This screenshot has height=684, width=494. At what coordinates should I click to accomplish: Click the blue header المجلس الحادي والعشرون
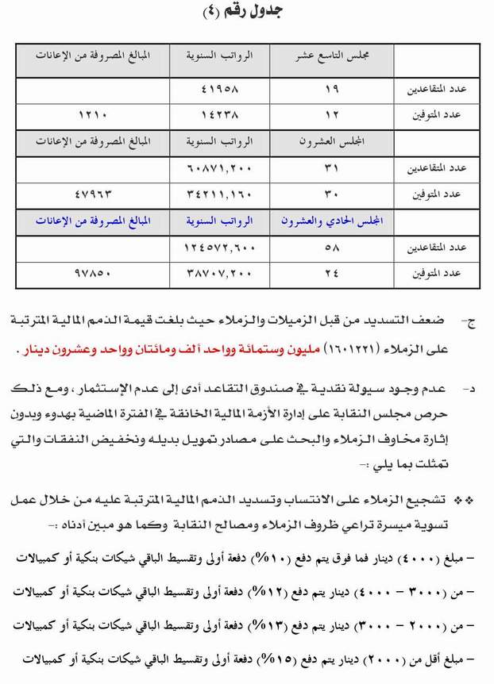332,223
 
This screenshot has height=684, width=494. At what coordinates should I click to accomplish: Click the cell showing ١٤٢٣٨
219,114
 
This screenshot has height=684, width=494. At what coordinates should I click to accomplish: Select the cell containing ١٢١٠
93,114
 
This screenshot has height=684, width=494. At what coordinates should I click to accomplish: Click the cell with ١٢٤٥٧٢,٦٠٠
219,249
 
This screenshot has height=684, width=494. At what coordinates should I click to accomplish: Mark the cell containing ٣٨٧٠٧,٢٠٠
219,274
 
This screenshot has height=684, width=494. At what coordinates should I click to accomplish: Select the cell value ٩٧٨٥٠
93,274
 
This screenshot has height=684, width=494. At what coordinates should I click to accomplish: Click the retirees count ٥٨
332,249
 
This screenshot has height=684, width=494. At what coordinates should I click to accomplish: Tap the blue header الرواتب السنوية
219,223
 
